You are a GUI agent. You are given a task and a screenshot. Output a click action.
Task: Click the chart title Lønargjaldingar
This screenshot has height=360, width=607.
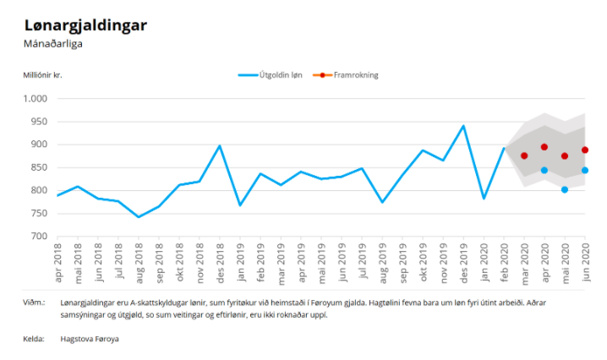[85, 25]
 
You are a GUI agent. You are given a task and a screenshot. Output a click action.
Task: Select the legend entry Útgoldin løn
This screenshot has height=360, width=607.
[271, 75]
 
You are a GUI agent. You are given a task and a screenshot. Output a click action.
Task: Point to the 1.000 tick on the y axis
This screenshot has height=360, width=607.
[37, 99]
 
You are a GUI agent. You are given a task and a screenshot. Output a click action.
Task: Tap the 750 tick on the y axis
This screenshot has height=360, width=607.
[41, 213]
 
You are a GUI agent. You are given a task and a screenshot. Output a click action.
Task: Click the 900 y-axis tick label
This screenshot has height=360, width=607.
[41, 145]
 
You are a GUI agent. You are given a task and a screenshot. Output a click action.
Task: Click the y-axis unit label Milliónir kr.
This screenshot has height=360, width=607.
[43, 75]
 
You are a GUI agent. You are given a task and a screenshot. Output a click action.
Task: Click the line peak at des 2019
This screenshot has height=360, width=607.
[463, 126]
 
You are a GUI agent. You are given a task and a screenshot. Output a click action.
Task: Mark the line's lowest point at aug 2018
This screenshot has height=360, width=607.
[139, 217]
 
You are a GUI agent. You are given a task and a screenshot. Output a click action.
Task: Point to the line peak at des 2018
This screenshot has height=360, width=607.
[220, 145]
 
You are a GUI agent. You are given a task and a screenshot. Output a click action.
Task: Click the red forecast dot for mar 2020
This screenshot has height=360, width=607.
[524, 155]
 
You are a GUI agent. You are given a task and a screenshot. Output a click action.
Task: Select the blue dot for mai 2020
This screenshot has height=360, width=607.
[565, 189]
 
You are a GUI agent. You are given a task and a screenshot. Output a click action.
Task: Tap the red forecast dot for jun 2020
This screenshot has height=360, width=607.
[585, 150]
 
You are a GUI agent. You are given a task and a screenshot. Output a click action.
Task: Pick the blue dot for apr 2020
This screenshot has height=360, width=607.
[544, 170]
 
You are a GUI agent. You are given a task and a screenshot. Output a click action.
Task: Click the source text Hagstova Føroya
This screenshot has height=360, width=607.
[90, 339]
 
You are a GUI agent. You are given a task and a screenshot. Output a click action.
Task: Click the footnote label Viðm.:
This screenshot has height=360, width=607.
[35, 302]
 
